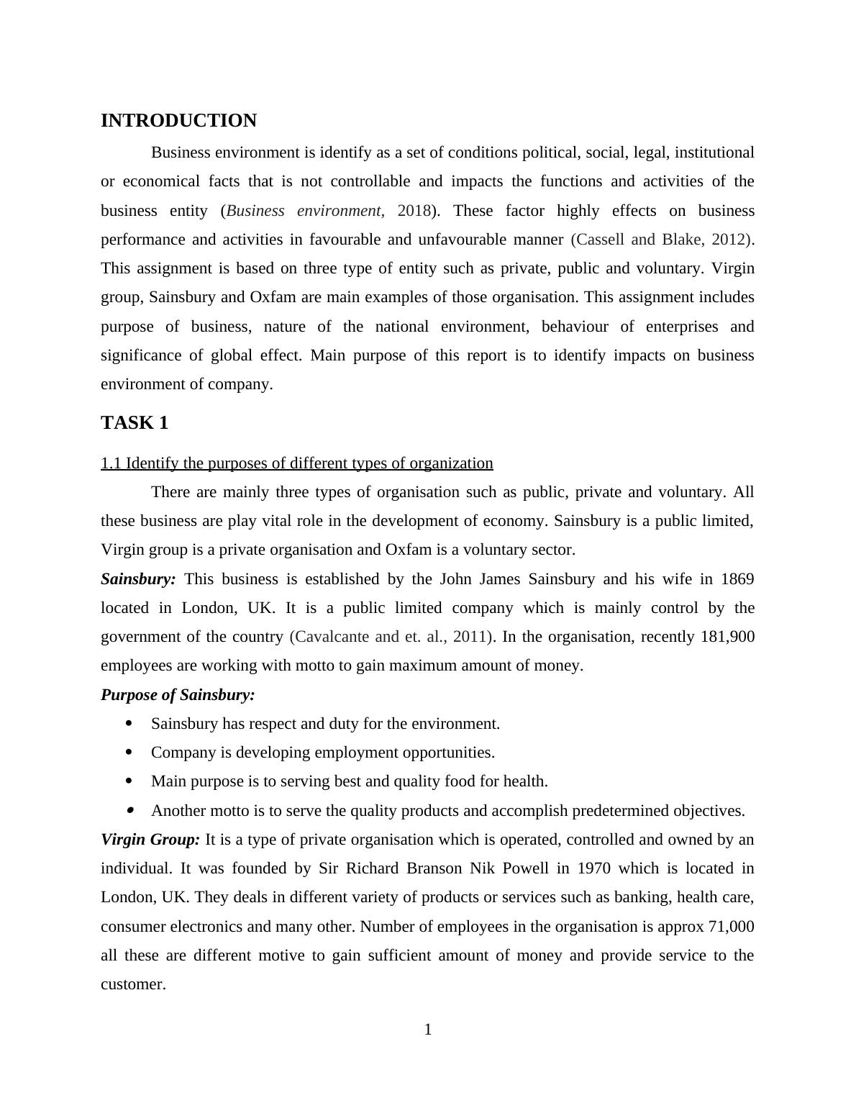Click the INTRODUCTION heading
tap(178, 121)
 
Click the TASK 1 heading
tap(135, 423)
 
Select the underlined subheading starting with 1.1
tap(296, 463)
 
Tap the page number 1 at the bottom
tap(428, 1030)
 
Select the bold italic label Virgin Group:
tap(150, 840)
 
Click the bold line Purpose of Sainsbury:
tap(178, 695)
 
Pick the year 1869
tap(737, 579)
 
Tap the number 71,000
tap(731, 927)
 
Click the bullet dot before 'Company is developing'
tap(129, 753)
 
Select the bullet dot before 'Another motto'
tap(129, 811)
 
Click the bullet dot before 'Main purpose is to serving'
tap(129, 781)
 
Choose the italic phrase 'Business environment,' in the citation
tap(305, 211)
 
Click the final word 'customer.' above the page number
tap(133, 984)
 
